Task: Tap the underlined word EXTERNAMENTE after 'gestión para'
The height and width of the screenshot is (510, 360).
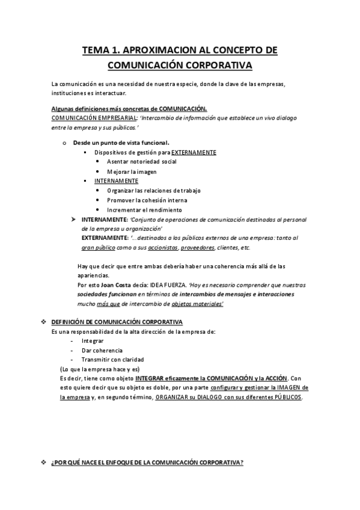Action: point(194,153)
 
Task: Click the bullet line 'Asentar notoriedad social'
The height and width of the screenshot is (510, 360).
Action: point(142,162)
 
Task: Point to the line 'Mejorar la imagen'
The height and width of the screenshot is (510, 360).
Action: point(132,171)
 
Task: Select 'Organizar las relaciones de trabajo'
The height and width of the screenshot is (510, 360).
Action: point(154,191)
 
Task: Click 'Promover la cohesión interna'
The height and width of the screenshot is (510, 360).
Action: point(147,200)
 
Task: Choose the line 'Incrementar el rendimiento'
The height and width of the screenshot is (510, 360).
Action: point(144,210)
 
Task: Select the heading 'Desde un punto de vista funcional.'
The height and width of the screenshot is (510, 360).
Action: point(112,143)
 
